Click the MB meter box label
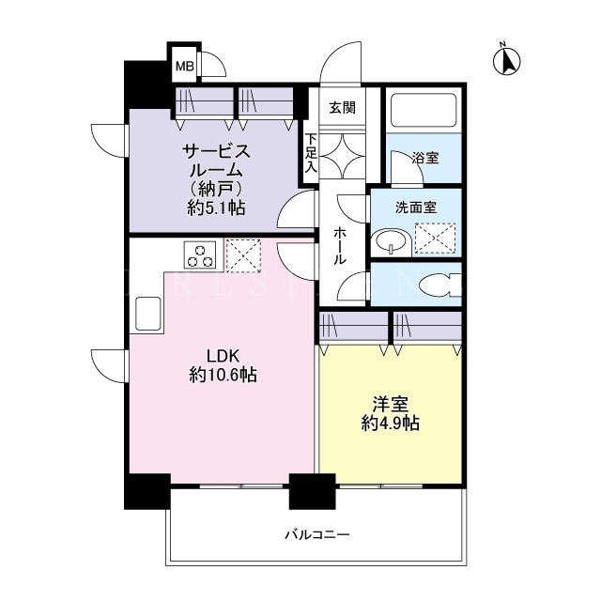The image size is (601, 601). click(185, 67)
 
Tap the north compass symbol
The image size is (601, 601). click(506, 60)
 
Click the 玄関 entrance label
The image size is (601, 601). click(342, 108)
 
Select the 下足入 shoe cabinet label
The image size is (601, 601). click(311, 153)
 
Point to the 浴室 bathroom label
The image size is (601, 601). click(425, 158)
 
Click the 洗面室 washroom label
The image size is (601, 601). click(416, 208)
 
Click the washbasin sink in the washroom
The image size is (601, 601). click(391, 242)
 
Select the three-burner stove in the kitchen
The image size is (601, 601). click(200, 254)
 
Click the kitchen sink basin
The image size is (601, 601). click(148, 314)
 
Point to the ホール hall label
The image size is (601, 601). click(339, 245)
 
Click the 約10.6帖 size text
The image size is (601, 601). click(223, 375)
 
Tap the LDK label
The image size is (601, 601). click(223, 356)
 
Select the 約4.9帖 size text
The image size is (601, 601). click(391, 424)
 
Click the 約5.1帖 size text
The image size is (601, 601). click(217, 208)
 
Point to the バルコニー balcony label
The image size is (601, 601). click(317, 534)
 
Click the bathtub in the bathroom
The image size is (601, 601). click(424, 110)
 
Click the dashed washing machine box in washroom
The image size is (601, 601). click(435, 239)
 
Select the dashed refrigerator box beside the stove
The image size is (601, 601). click(243, 255)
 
